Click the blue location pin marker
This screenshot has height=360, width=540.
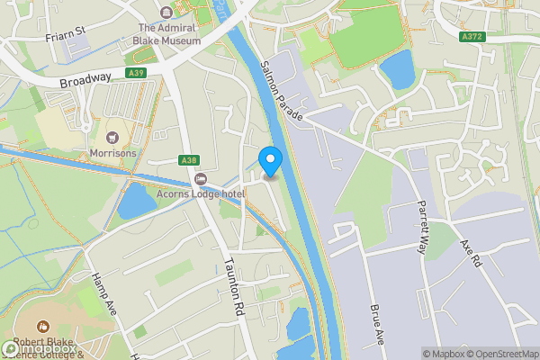tap(270, 162)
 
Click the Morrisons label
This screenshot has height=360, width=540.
tap(112, 153)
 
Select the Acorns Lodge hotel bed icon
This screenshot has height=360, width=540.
tap(201, 177)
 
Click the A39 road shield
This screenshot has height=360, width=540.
tap(136, 73)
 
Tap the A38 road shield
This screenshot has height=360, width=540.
tap(188, 160)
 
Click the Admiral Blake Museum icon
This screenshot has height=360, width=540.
tap(166, 13)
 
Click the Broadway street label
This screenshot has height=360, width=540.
tap(85, 79)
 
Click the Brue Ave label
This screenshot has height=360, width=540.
tap(378, 322)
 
